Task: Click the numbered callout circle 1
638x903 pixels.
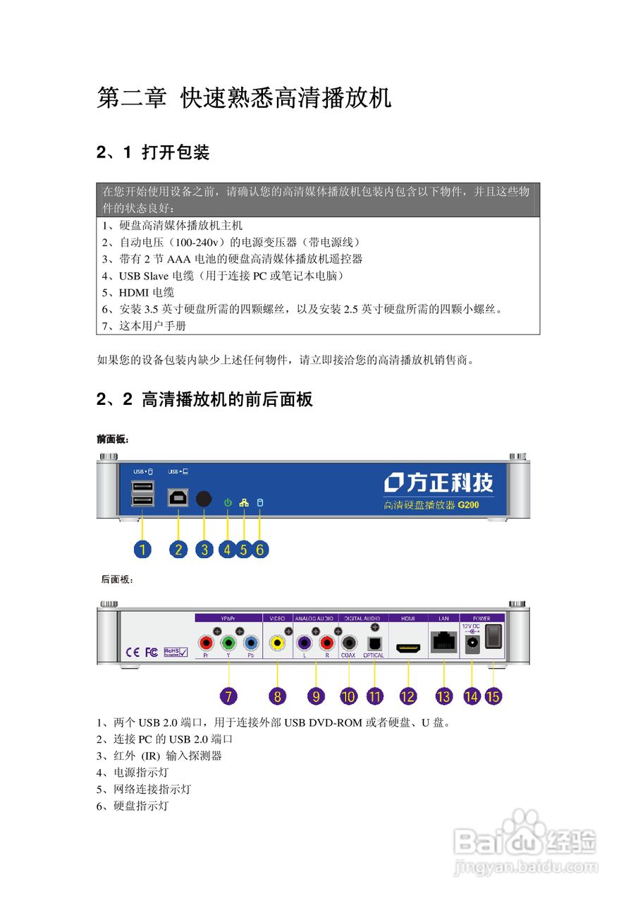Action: pyautogui.click(x=143, y=548)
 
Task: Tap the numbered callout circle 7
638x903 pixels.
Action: pyautogui.click(x=227, y=696)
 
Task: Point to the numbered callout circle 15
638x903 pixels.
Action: pyautogui.click(x=493, y=696)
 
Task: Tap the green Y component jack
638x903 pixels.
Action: pyautogui.click(x=228, y=643)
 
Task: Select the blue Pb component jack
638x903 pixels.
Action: pyautogui.click(x=250, y=643)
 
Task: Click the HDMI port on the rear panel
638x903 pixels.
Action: pyautogui.click(x=408, y=646)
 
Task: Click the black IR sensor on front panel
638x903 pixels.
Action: pyautogui.click(x=203, y=498)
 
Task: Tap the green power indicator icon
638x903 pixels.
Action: pyautogui.click(x=227, y=503)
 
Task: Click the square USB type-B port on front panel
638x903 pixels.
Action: pyautogui.click(x=178, y=497)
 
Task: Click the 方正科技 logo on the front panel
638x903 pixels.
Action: pyautogui.click(x=438, y=482)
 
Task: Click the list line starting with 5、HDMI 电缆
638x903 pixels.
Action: pyautogui.click(x=136, y=292)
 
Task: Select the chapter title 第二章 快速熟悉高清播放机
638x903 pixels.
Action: pyautogui.click(x=244, y=98)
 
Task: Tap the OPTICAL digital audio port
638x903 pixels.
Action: pyautogui.click(x=374, y=643)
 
